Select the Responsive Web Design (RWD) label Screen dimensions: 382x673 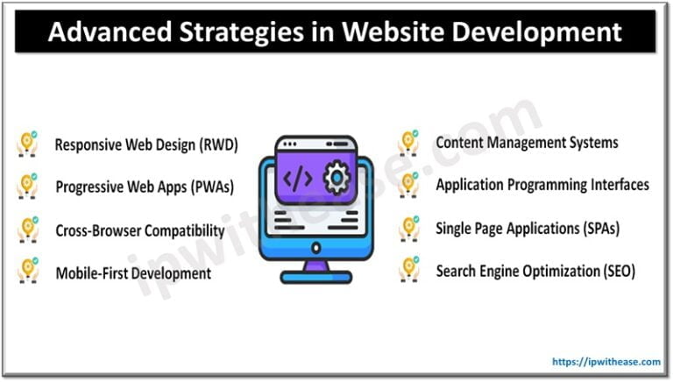pos(146,145)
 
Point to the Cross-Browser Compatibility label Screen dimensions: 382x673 pos(140,231)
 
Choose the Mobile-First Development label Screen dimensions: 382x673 pos(133,273)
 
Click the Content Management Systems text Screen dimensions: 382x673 pos(527,142)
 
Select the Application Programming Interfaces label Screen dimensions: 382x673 pos(542,185)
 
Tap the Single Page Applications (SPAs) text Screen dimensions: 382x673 pos(528,228)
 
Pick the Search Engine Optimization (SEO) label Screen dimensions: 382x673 pos(535,271)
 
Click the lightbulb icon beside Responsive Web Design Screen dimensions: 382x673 pos(27,145)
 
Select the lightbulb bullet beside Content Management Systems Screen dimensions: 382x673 pos(408,142)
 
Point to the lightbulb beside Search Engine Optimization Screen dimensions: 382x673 pos(408,271)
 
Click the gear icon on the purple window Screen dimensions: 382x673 pos(336,179)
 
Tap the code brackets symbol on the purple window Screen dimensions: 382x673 pos(298,179)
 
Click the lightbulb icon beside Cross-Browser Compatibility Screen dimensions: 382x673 pos(27,230)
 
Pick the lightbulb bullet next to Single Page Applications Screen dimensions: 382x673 pos(408,228)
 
